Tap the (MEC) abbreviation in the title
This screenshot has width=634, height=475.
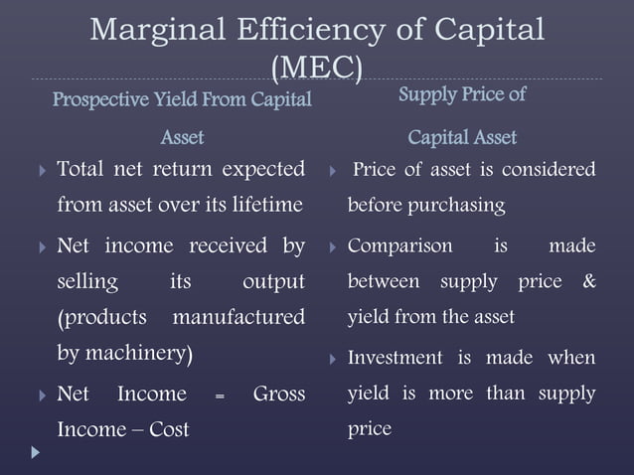[317, 68]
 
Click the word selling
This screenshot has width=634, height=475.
[87, 282]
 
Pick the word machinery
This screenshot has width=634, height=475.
[140, 354]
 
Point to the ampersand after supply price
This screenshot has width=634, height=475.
[589, 282]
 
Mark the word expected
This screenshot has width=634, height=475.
[259, 170]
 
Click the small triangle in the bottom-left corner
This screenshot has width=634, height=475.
[37, 452]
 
